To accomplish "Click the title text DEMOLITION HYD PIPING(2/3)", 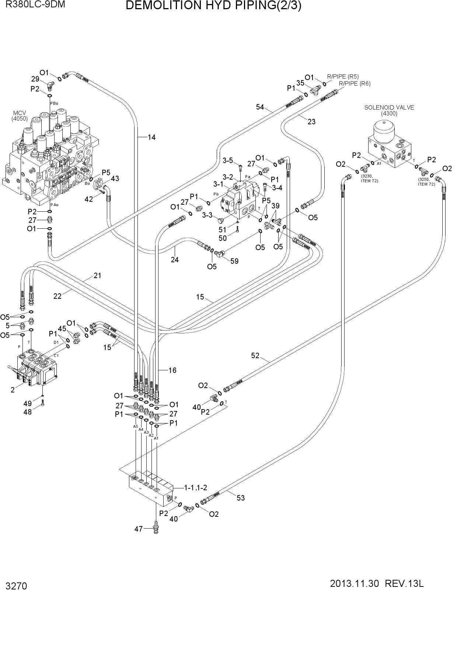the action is click(x=213, y=6).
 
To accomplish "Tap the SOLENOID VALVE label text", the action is click(x=389, y=107).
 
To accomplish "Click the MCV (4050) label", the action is click(x=20, y=116).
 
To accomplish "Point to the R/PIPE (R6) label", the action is click(x=355, y=84).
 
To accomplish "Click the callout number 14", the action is click(x=151, y=137).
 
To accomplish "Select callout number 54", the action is click(x=260, y=107).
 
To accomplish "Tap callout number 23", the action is click(x=311, y=122).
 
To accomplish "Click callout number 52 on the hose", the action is click(x=255, y=356).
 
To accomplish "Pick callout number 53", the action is click(x=241, y=498).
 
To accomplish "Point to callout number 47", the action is click(x=138, y=529).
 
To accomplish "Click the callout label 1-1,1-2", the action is click(x=196, y=488).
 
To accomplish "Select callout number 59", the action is click(x=234, y=261).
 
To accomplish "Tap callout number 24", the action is click(x=175, y=260).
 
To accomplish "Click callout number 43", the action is click(x=115, y=179).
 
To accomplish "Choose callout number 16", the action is click(x=172, y=370).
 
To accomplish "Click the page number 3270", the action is click(x=16, y=586).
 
